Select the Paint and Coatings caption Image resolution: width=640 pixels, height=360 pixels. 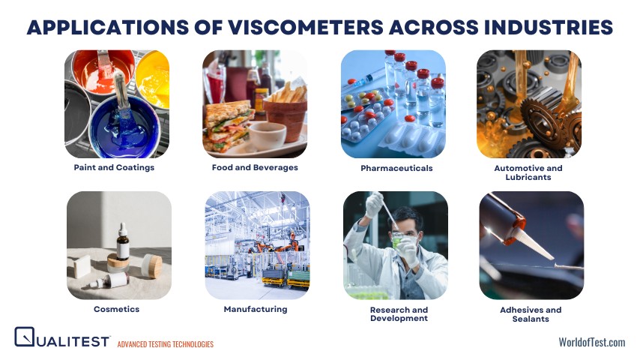pos(114,168)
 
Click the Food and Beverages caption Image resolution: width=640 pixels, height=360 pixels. pos(255,168)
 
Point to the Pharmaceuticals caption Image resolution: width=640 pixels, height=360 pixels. pos(396,168)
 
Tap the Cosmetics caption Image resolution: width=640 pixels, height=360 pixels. pos(117,309)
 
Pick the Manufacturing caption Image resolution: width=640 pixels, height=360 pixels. pos(256,309)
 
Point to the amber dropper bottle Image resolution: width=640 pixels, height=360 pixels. pos(122,244)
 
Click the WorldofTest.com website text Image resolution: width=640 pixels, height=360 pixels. pos(591,342)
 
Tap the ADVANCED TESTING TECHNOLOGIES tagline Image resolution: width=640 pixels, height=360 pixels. pos(166,344)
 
